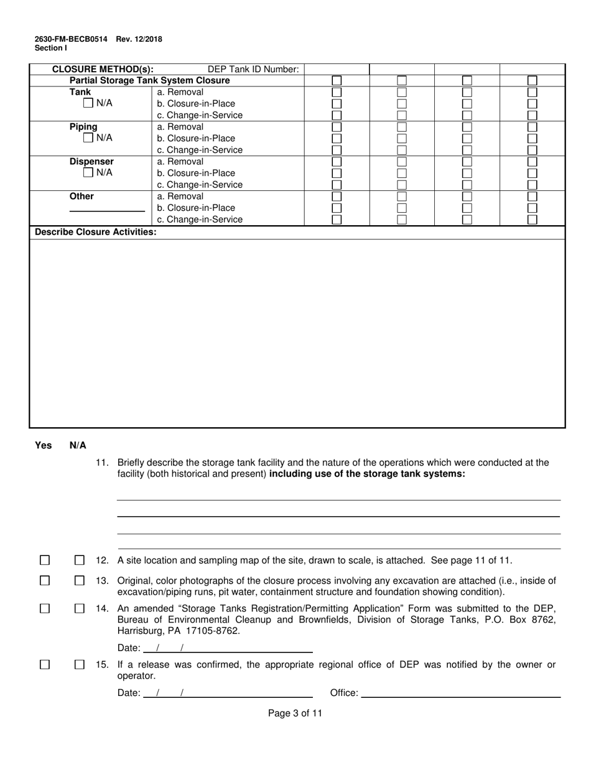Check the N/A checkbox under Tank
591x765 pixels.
[88, 103]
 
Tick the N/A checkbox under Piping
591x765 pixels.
[88, 138]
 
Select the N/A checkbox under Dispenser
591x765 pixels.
[88, 173]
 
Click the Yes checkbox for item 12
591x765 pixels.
[45, 560]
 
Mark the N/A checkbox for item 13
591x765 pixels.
[80, 581]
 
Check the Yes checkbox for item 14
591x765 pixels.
[45, 608]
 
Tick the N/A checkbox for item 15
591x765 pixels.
[80, 665]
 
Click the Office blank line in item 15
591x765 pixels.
[460, 693]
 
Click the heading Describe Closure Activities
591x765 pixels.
[96, 232]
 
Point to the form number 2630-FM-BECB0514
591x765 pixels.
[70, 39]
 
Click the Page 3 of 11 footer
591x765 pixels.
[295, 713]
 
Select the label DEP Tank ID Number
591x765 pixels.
[253, 70]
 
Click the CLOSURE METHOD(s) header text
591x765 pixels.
[103, 70]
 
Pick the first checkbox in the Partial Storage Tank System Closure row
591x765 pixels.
[337, 81]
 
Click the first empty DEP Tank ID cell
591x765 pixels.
[337, 69]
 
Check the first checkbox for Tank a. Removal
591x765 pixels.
[337, 92]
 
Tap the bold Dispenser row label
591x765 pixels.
[91, 162]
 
